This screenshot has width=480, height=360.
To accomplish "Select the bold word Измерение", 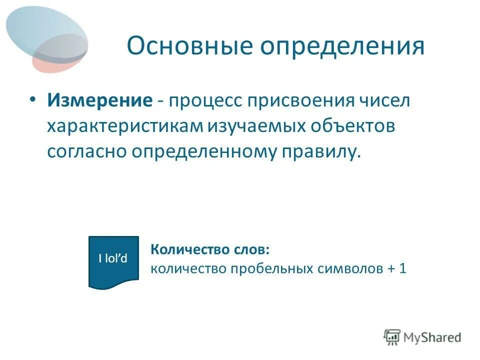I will coord(99,100).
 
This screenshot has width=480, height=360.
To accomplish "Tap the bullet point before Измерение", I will coord(32,99).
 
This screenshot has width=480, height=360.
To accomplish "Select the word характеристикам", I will coord(125,126).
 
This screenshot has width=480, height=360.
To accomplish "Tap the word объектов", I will coord(353,126).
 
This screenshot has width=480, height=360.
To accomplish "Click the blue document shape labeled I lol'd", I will coord(113,260).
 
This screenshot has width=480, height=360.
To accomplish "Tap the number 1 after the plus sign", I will coord(402,268).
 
